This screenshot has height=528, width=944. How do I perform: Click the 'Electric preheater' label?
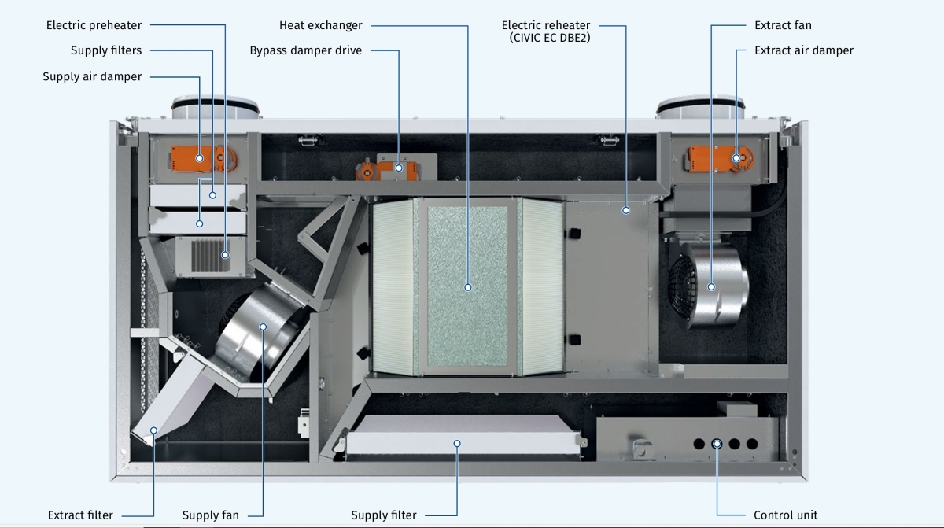[x=94, y=25]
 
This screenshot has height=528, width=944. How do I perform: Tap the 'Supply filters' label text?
[x=106, y=50]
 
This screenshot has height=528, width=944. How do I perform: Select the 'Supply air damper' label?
[x=92, y=76]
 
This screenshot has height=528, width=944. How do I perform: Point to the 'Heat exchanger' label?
[x=320, y=25]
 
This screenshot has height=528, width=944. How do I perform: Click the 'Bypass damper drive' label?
[x=305, y=50]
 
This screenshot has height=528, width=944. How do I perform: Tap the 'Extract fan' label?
[x=782, y=25]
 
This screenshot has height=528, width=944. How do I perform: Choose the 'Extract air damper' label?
[x=803, y=50]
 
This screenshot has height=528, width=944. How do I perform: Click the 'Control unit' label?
[x=785, y=515]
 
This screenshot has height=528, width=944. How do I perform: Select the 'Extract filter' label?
[x=80, y=515]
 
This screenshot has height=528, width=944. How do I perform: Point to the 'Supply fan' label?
[x=210, y=515]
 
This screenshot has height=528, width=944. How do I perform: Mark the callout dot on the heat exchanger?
[x=468, y=287]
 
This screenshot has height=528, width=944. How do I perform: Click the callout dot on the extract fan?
[x=711, y=286]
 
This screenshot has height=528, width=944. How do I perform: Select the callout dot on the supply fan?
[x=264, y=327]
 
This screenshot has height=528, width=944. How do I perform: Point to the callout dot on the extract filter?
[x=154, y=430]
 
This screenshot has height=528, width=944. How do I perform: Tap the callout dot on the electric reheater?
[x=626, y=210]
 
